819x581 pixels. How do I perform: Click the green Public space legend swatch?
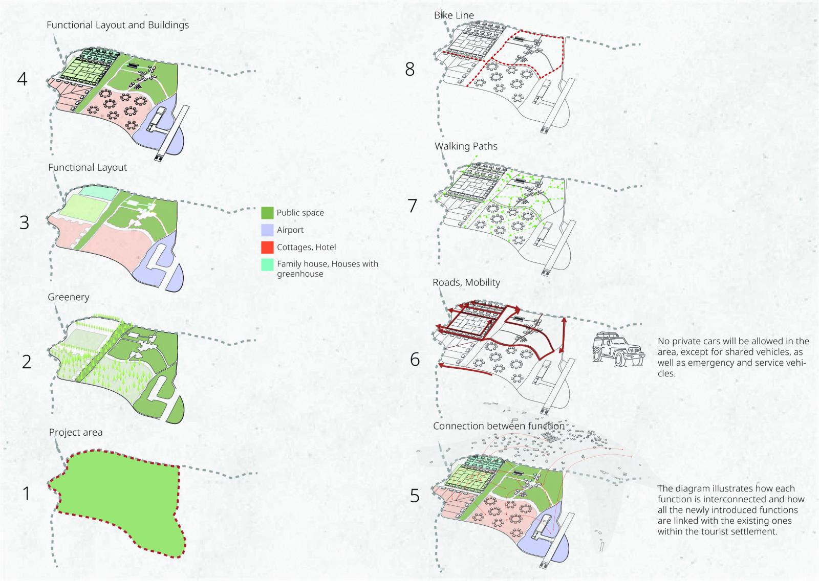click(x=267, y=213)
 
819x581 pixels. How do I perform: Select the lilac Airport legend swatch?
click(x=267, y=230)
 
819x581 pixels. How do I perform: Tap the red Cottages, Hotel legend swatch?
click(x=267, y=247)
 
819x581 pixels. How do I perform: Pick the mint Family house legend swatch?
click(x=267, y=264)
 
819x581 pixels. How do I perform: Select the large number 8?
click(x=409, y=69)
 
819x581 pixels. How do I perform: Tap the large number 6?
click(x=415, y=360)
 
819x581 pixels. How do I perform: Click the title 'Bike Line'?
click(x=454, y=15)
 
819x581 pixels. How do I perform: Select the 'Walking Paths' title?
click(x=466, y=146)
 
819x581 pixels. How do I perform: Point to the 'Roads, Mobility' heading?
click(x=466, y=282)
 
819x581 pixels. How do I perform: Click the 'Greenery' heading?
click(x=69, y=297)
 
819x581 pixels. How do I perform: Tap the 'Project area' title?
click(x=76, y=433)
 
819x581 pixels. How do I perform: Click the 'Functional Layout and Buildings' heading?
click(x=118, y=25)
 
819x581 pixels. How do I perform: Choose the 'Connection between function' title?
click(x=499, y=426)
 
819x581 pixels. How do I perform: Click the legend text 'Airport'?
click(x=290, y=230)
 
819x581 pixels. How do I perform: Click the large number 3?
click(x=24, y=223)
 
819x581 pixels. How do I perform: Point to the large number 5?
click(x=415, y=496)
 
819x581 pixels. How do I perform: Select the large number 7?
click(x=412, y=206)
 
